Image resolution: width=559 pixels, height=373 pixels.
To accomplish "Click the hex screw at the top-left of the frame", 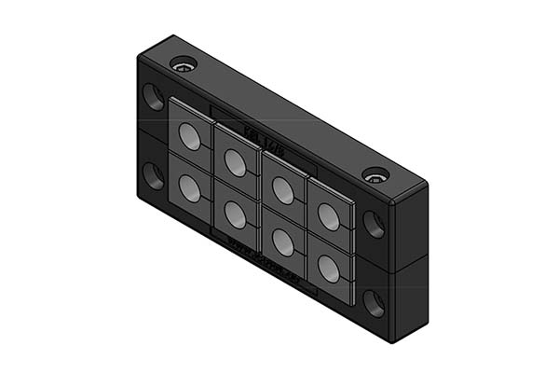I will pyautogui.click(x=183, y=66).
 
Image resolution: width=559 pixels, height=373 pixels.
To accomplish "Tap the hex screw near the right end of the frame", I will pyautogui.click(x=375, y=174).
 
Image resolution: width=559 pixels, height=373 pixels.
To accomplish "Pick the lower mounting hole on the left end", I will pyautogui.click(x=152, y=174).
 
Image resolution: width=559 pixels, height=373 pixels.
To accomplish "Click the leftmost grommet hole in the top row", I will pyautogui.click(x=189, y=138).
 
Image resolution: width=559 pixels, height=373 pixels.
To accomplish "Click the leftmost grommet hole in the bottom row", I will pyautogui.click(x=189, y=189).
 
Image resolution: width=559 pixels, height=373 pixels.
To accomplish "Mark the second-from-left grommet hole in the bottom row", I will pyautogui.click(x=235, y=215).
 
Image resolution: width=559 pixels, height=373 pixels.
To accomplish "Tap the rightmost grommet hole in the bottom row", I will pyautogui.click(x=328, y=269).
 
